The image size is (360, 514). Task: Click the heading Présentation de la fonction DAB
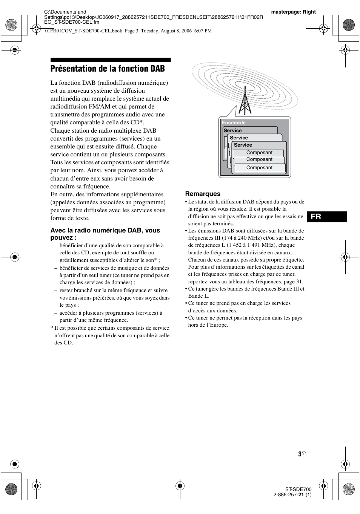pyautogui.click(x=108, y=69)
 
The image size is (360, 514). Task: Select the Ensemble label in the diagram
pyautogui.click(x=234, y=123)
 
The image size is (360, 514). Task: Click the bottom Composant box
pyautogui.click(x=259, y=168)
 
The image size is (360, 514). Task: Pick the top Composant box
pyautogui.click(x=259, y=153)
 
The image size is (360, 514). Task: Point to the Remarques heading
pyautogui.click(x=203, y=194)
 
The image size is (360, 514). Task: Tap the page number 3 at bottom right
pyautogui.click(x=300, y=454)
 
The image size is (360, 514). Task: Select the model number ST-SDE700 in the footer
pyautogui.click(x=298, y=489)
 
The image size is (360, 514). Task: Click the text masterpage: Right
pyautogui.click(x=293, y=12)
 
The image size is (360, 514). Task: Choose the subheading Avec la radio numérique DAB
pyautogui.click(x=105, y=234)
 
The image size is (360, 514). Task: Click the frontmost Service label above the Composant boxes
pyautogui.click(x=243, y=145)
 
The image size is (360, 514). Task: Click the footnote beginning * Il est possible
pyautogui.click(x=110, y=335)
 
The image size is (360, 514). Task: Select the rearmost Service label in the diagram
pyautogui.click(x=232, y=131)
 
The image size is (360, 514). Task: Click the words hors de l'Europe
pyautogui.click(x=208, y=325)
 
